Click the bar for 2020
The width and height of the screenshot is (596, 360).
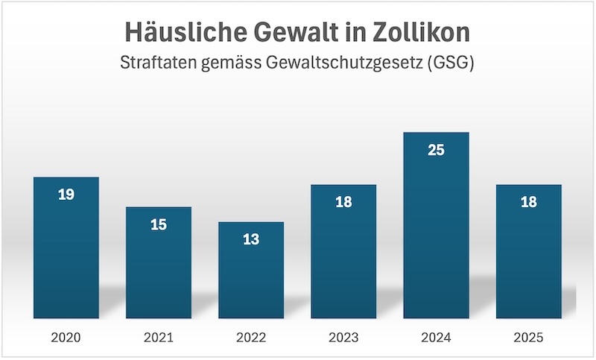pos(66,253)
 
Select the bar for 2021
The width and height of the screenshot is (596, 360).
pos(159,268)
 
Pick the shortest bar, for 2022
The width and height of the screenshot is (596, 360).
pos(251,276)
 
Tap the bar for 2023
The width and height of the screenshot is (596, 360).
pos(343,257)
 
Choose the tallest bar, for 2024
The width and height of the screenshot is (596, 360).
pos(436,231)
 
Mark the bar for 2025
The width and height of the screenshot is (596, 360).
pos(528,257)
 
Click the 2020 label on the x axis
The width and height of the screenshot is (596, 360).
pos(66,338)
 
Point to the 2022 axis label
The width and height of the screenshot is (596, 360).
pos(251,338)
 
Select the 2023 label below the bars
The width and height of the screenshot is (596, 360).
pos(343,338)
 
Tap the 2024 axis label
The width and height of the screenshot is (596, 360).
pos(436,338)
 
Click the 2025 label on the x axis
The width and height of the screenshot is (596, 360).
pos(528,338)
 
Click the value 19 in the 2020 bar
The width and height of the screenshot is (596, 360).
pos(66,195)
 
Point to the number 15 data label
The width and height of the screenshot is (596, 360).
pos(159,224)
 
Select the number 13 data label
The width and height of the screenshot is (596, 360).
pos(251,240)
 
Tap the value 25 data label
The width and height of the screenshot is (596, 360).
pos(436,151)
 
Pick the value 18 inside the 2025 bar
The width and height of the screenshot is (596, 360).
pos(528,203)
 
